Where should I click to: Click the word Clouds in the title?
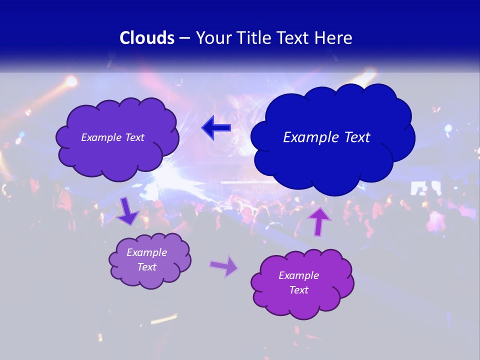pos(146,38)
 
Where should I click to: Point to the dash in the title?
pos(184,38)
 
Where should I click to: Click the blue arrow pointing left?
pos(216,128)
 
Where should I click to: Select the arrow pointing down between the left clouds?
pos(127,211)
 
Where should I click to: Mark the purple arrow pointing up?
pos(319,221)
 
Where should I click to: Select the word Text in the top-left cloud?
pos(134,137)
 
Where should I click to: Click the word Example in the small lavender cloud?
pos(147,252)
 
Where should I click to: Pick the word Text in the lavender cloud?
pos(147,267)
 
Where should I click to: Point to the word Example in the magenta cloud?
pos(299,275)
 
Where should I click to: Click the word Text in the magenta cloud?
pos(299,290)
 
